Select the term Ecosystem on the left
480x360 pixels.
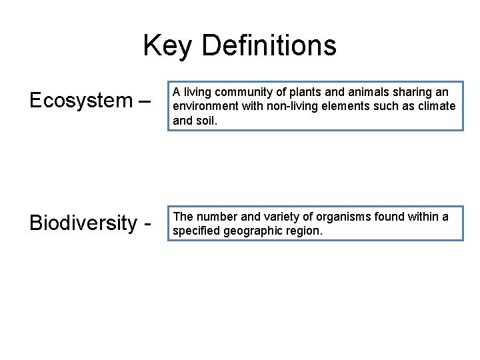coord(81,101)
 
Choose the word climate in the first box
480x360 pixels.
coord(437,106)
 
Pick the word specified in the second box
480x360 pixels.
coord(197,231)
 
